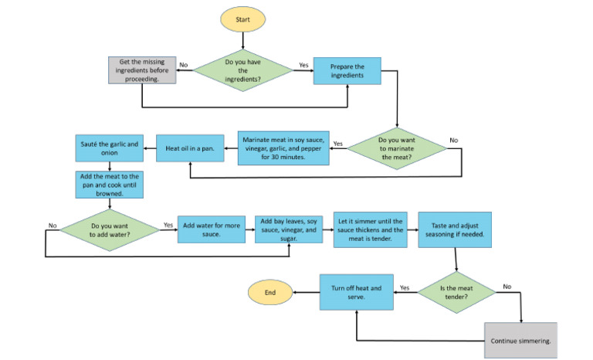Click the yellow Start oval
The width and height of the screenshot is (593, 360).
[x=244, y=19]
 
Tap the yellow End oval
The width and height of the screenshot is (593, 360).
[x=270, y=294]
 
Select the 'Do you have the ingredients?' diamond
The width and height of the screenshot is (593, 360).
[x=243, y=72]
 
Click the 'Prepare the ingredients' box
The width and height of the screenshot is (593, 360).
[x=347, y=72]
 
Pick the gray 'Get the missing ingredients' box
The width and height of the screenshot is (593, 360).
[x=141, y=72]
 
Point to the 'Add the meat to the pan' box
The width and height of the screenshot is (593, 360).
[x=109, y=185]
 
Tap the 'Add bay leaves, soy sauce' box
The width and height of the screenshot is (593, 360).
[x=287, y=229]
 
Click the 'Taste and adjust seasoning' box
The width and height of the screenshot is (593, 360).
[x=451, y=229]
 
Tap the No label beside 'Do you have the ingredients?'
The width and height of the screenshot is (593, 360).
[x=184, y=66]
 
